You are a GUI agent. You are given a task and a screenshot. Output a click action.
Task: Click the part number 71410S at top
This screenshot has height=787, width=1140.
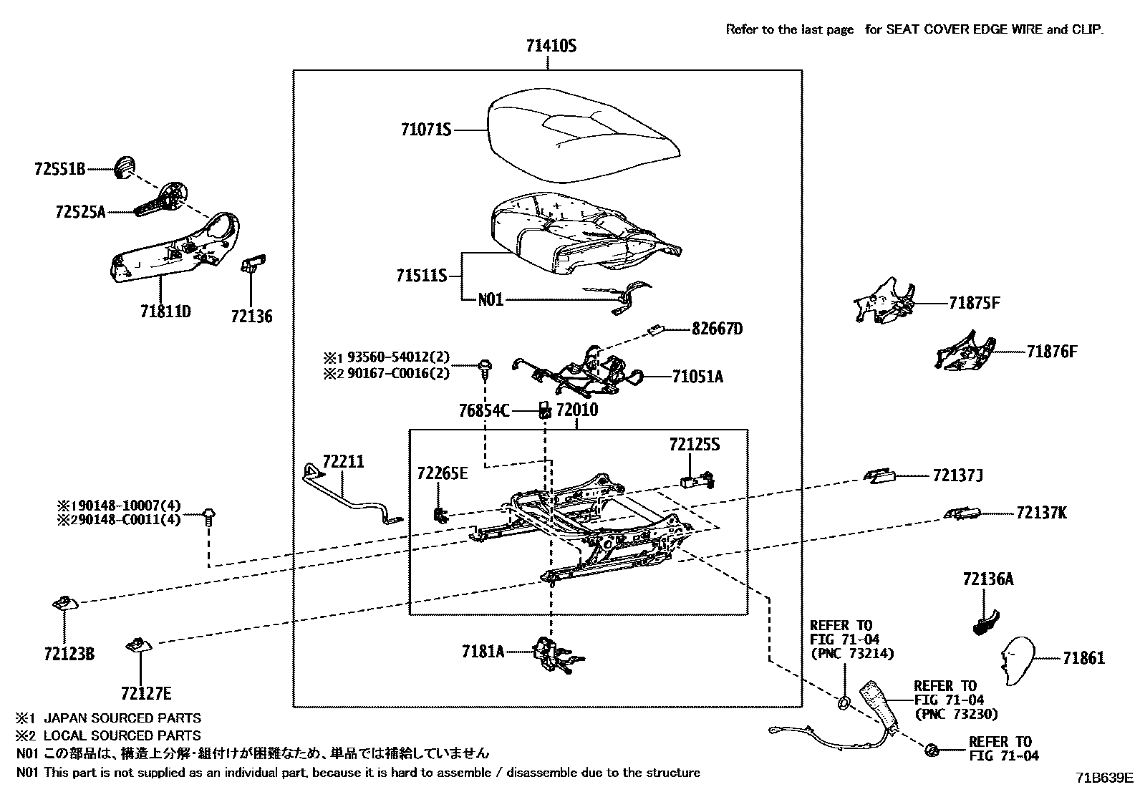click(550, 47)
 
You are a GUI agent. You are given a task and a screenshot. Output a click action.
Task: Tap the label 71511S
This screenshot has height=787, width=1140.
click(422, 276)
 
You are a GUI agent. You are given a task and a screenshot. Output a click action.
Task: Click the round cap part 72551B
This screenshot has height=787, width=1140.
click(126, 167)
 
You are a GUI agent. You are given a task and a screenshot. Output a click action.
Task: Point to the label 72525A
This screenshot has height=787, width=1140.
click(80, 212)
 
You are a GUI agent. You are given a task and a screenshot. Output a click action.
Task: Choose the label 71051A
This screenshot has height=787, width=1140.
click(697, 377)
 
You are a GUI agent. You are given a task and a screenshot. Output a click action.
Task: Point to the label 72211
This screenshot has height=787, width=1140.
click(342, 462)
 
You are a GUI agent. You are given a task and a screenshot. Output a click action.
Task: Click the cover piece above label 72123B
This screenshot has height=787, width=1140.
click(64, 604)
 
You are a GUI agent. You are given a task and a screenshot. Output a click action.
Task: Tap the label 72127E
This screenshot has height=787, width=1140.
click(146, 693)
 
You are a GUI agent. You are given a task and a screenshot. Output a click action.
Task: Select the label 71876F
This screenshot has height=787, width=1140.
click(1051, 352)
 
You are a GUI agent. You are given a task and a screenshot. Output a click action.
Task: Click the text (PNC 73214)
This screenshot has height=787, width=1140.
click(853, 653)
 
